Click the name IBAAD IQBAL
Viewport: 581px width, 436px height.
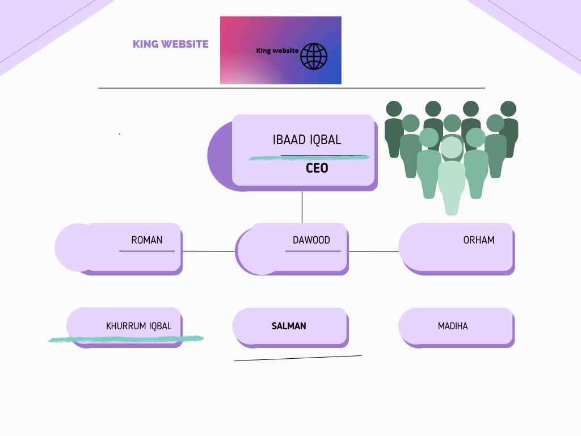pyautogui.click(x=307, y=140)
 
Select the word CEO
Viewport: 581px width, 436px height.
pyautogui.click(x=317, y=169)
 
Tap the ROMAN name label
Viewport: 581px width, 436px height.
pyautogui.click(x=146, y=240)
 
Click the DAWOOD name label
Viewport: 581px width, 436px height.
pyautogui.click(x=311, y=240)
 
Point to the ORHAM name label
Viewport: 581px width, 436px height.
pyautogui.click(x=478, y=240)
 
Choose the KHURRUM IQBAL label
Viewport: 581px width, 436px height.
pyautogui.click(x=138, y=326)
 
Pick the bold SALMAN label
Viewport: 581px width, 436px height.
pyautogui.click(x=289, y=326)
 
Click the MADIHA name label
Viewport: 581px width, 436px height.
pyautogui.click(x=453, y=326)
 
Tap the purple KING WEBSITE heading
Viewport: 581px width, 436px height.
pyautogui.click(x=170, y=44)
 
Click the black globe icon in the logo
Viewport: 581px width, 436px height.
pyautogui.click(x=314, y=56)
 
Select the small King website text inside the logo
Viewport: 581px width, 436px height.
pyautogui.click(x=277, y=51)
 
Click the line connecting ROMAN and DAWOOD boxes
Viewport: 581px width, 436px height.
pyautogui.click(x=208, y=251)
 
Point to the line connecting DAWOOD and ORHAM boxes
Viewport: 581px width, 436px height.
pyautogui.click(x=373, y=251)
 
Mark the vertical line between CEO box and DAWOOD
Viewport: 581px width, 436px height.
pyautogui.click(x=302, y=207)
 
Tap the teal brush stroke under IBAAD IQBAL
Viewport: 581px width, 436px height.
pyautogui.click(x=309, y=157)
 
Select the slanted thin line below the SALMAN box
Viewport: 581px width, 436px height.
pyautogui.click(x=298, y=358)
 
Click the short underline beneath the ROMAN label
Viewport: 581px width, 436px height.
pyautogui.click(x=147, y=251)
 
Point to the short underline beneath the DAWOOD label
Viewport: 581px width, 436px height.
pyautogui.click(x=313, y=251)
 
